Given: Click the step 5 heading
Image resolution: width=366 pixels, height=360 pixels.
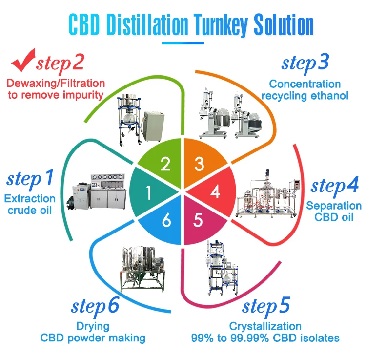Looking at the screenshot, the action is (x=266, y=307).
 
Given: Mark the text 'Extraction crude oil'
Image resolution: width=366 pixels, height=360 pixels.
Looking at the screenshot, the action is (x=30, y=204).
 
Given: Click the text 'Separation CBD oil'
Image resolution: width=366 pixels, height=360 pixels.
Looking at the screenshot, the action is (x=334, y=212).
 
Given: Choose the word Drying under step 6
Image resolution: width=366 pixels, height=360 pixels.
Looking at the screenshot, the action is (x=93, y=326).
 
